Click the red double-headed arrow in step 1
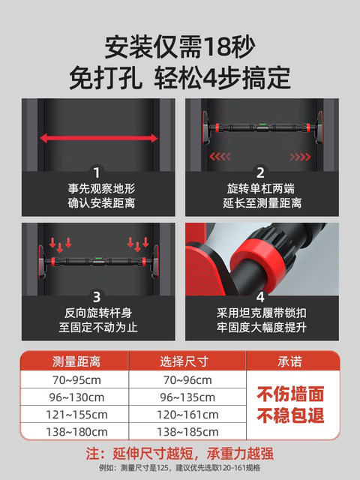pos(98,137)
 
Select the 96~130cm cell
pos(74,397)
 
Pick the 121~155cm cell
pos(74,414)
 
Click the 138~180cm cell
pos(74,431)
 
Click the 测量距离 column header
pos(74,361)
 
